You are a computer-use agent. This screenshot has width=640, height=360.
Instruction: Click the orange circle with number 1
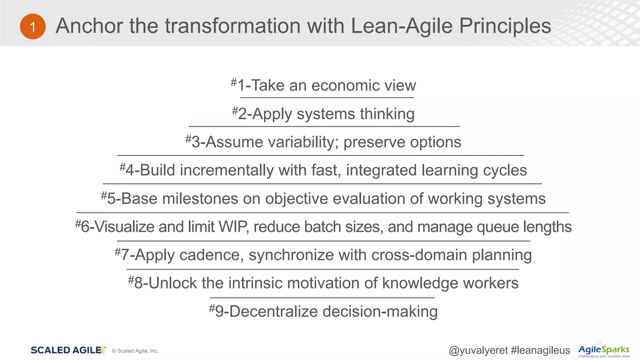pos(33,27)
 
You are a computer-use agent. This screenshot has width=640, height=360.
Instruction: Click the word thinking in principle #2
pos(387,114)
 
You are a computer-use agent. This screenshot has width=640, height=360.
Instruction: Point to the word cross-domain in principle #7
pos(419,255)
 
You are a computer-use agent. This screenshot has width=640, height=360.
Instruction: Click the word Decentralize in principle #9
pos(273,312)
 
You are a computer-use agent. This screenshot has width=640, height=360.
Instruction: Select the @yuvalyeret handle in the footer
pos(478,351)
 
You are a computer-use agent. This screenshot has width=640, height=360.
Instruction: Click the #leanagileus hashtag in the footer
pos(540,351)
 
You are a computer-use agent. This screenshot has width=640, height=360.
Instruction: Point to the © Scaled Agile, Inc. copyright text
pos(135,351)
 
